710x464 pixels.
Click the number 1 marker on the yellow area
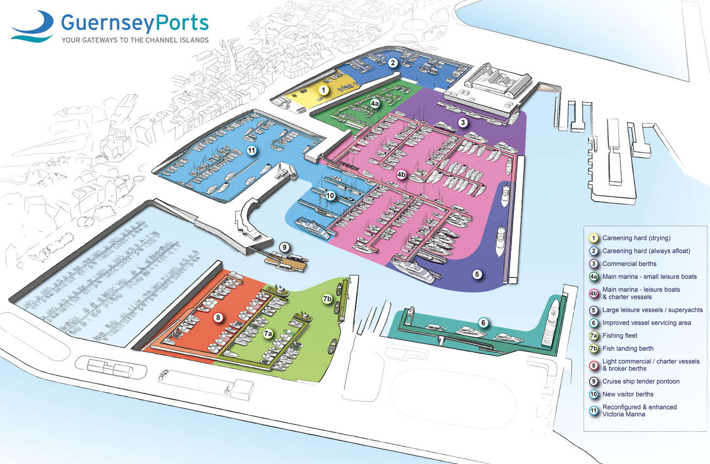(x=323, y=90)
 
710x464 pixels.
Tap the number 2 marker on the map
(x=393, y=63)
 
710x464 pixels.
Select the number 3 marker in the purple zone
(x=463, y=123)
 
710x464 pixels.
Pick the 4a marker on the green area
(x=375, y=104)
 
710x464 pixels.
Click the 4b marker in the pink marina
(x=401, y=174)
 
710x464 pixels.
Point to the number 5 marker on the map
(x=477, y=274)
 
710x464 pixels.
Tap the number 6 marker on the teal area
(x=483, y=322)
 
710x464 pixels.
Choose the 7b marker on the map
(x=327, y=298)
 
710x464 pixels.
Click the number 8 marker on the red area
(x=218, y=317)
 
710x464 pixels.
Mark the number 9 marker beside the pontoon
(x=284, y=247)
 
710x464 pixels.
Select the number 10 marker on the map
(x=330, y=195)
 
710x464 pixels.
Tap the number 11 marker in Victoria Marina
(x=251, y=150)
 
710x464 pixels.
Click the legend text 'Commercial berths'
(x=629, y=264)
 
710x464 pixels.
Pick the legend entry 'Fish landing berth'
(x=628, y=348)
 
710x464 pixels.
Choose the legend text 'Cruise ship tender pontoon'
(x=641, y=381)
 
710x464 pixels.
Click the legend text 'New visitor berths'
(x=628, y=394)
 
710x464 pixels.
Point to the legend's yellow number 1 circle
(x=594, y=238)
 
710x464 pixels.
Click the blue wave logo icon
(x=33, y=27)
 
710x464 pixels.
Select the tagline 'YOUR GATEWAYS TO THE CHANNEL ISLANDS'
(x=135, y=40)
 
